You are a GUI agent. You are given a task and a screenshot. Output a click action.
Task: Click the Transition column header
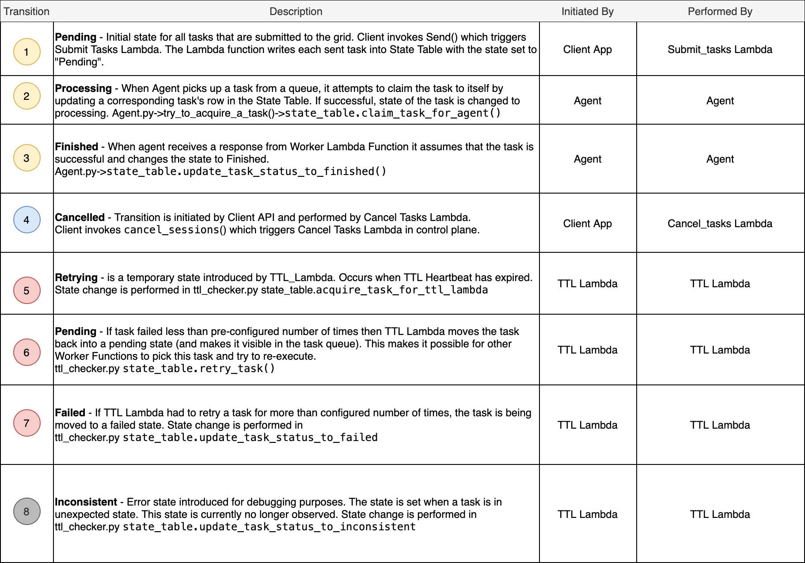click(27, 11)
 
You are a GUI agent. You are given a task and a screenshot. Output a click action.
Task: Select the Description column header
click(296, 11)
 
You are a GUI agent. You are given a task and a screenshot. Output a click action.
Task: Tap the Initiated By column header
click(587, 11)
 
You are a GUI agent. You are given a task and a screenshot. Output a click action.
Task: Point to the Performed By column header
click(720, 11)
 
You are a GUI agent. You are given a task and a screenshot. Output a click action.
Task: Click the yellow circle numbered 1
click(27, 52)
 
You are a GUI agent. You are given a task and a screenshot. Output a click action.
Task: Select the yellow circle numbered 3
click(27, 158)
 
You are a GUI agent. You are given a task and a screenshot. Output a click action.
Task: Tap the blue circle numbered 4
click(27, 220)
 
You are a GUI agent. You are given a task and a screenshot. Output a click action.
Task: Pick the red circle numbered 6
click(27, 352)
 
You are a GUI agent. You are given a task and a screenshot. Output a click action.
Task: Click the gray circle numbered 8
click(27, 511)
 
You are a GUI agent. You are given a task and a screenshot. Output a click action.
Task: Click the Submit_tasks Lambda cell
click(720, 49)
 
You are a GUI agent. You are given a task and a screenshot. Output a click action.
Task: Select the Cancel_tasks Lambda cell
click(720, 224)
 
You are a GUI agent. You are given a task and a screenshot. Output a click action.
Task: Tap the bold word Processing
click(83, 88)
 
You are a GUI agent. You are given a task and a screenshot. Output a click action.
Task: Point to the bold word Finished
click(76, 147)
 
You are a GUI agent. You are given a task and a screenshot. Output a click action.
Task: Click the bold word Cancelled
click(80, 217)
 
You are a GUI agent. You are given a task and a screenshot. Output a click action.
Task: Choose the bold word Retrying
click(76, 278)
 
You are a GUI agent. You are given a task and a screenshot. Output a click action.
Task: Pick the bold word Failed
click(70, 413)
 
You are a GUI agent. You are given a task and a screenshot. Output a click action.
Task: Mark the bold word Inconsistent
click(86, 502)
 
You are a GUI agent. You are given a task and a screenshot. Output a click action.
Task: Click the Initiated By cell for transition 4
click(587, 224)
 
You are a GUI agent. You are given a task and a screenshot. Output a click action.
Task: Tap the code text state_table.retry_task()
click(198, 369)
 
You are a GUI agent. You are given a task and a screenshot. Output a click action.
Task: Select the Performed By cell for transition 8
click(720, 514)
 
